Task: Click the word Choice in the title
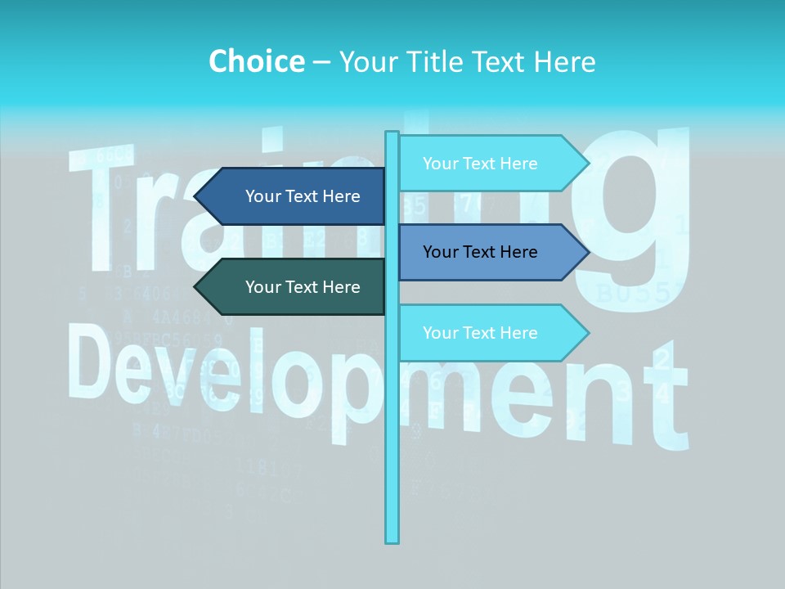click(256, 61)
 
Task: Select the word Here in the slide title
click(564, 61)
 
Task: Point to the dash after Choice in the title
click(321, 62)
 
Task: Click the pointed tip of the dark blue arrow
click(196, 196)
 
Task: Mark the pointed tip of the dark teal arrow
click(196, 287)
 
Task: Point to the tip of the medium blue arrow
click(587, 252)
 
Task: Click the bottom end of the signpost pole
click(392, 540)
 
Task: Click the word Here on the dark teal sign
click(341, 287)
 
